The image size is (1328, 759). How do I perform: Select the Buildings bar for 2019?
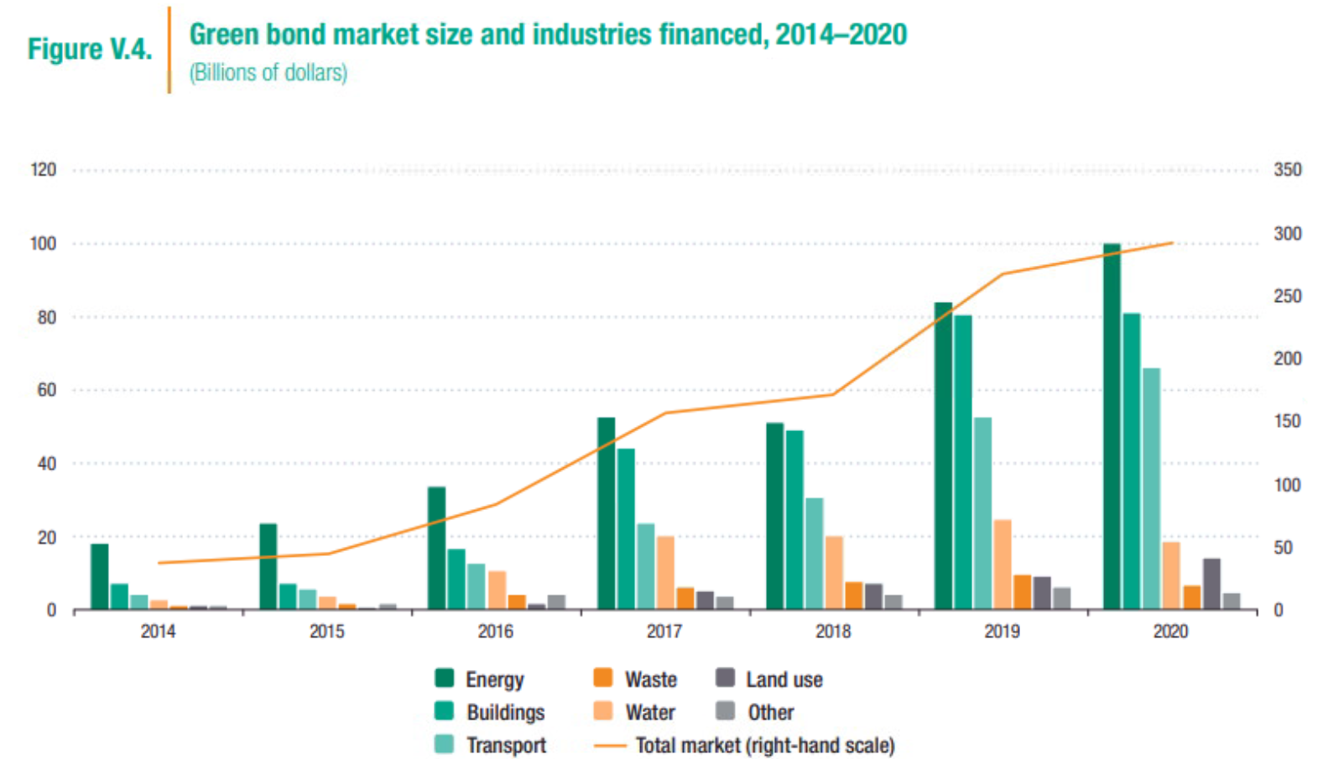coord(962,462)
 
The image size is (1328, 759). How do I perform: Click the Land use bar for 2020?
coord(1211,584)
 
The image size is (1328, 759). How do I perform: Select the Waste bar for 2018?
coord(854,595)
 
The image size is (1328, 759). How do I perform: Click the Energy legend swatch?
coord(445,678)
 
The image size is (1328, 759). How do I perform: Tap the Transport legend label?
coord(506,745)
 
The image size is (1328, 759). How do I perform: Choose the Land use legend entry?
coord(784,679)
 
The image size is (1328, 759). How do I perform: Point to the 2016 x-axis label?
coord(495,632)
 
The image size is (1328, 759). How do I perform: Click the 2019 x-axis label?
coord(1002,632)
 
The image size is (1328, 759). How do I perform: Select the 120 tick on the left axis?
coord(44,169)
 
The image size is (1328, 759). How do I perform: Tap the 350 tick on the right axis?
coord(1287,169)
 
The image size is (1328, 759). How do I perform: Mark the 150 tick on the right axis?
coord(1287,421)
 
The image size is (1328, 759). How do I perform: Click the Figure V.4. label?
coord(90,49)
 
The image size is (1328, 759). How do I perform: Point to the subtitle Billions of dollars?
coord(268,73)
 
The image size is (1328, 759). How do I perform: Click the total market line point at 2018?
coord(833,394)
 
